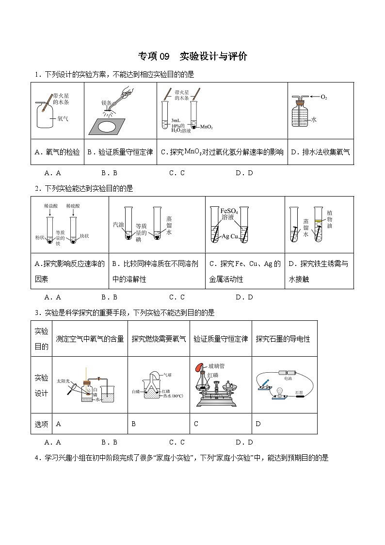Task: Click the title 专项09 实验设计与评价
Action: pyautogui.click(x=192, y=56)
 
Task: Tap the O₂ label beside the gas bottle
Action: pyautogui.click(x=324, y=97)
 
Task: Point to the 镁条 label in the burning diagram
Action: pyautogui.click(x=107, y=103)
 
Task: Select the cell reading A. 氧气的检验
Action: pyautogui.click(x=57, y=152)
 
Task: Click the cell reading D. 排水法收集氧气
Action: pyautogui.click(x=320, y=152)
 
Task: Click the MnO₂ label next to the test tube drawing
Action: pyautogui.click(x=207, y=127)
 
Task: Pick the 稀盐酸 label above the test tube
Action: pyautogui.click(x=51, y=206)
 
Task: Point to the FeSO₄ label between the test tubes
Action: pyautogui.click(x=228, y=211)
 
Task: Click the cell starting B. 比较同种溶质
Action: pyautogui.click(x=157, y=271)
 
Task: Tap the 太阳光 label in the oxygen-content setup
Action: pyautogui.click(x=64, y=381)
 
